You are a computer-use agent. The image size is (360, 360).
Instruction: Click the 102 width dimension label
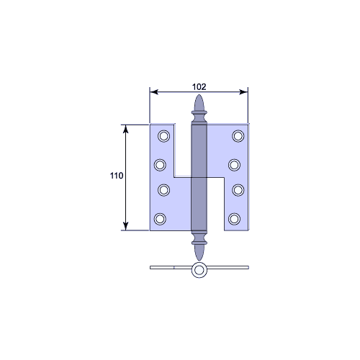tap(199, 87)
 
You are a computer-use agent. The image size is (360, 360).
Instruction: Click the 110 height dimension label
tap(117, 176)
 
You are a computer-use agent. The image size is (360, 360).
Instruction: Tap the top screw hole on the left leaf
tap(164, 136)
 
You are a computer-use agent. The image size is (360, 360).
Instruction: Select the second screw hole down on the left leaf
tap(160, 165)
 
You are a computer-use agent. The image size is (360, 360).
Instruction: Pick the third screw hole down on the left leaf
tap(164, 190)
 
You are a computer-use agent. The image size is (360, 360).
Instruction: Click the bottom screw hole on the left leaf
tap(160, 219)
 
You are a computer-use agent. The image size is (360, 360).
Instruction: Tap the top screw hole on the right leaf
tap(238, 136)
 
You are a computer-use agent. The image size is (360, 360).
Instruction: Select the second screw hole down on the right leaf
tap(234, 165)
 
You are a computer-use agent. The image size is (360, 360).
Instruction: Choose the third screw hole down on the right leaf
tap(238, 190)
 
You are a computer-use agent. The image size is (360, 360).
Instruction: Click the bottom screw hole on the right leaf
tap(234, 219)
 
